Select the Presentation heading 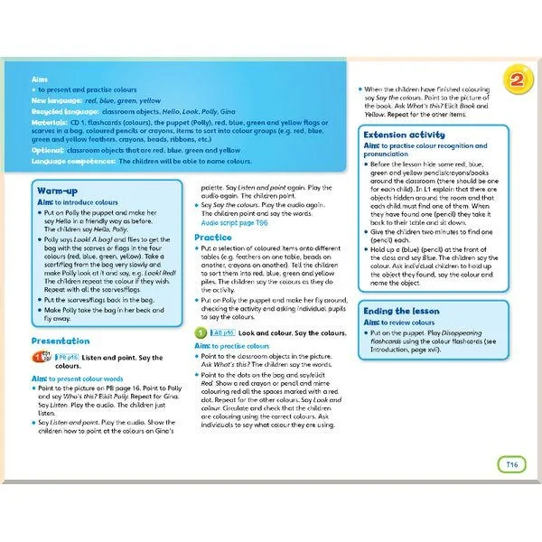point(61,341)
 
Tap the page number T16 point(511,464)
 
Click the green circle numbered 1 point(201,332)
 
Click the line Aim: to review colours point(402,322)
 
